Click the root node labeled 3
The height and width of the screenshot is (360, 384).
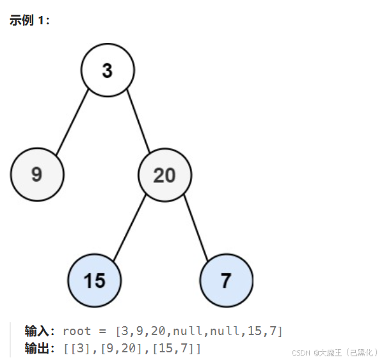click(108, 70)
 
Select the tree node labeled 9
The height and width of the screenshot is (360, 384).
click(37, 174)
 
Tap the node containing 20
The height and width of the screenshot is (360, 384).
click(164, 174)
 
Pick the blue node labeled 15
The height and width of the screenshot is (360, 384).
click(95, 280)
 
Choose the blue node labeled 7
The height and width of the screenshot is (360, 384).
click(226, 280)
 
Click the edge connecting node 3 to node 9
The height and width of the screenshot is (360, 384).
click(72, 123)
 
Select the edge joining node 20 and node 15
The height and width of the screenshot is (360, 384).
click(130, 227)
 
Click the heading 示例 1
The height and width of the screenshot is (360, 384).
click(29, 20)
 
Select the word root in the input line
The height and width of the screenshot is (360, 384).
click(77, 331)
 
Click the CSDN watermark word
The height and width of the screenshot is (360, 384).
click(301, 352)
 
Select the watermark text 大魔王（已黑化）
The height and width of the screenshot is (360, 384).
click(349, 352)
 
